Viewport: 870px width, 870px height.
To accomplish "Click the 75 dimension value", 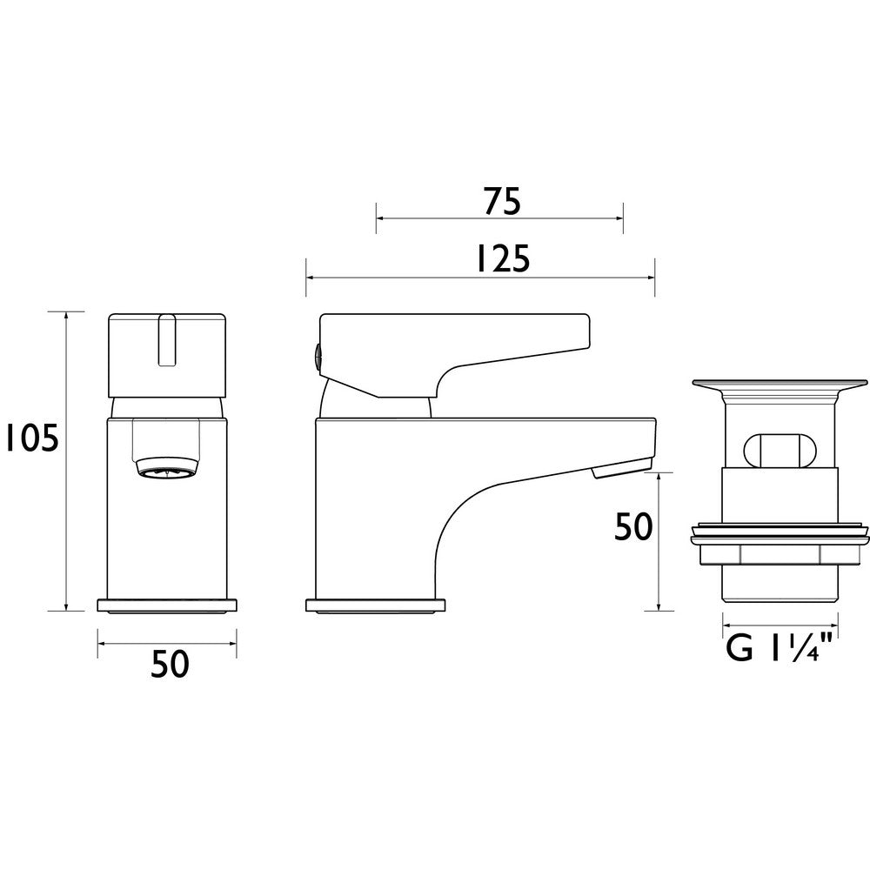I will click(x=500, y=202).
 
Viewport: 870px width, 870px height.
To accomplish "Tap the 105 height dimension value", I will click(x=30, y=438).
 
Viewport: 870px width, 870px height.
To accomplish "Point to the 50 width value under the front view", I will click(x=169, y=665).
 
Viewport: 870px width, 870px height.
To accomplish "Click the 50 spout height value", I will click(x=633, y=527).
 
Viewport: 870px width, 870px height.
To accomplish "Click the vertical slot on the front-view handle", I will click(x=167, y=341).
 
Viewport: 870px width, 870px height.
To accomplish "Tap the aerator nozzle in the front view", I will click(x=167, y=470).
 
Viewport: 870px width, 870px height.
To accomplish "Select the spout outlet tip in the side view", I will click(x=621, y=470).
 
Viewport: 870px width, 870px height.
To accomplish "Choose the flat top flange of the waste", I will click(x=780, y=383).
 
